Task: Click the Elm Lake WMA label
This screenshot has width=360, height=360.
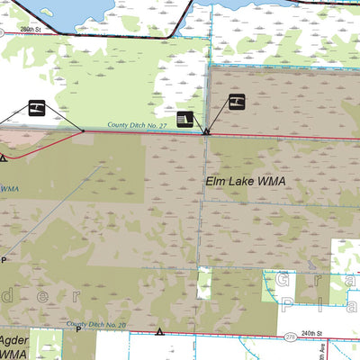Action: (246, 182)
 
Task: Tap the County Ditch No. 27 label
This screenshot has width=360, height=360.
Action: (139, 126)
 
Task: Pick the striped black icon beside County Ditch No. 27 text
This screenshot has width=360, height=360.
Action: (184, 119)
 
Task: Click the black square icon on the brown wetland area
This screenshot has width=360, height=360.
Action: (236, 101)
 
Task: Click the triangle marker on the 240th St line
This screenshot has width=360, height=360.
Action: (160, 332)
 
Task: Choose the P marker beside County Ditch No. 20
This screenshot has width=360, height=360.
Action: (78, 329)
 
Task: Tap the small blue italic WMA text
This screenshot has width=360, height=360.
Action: (9, 188)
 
